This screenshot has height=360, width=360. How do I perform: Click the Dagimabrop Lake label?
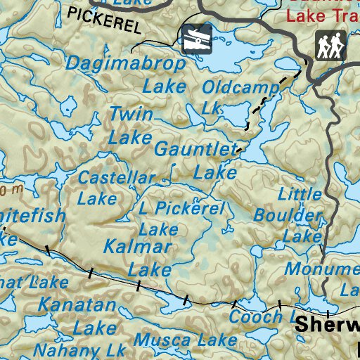pos(127,74)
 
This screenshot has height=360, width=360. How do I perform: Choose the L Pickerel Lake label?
pos(181,218)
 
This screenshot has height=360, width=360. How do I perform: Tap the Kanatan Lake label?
pos(77,316)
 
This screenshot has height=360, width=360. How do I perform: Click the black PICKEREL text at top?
pos(105,20)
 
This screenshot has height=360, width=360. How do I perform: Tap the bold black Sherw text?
pos(326,325)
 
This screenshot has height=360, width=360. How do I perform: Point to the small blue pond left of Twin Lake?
pos(68,107)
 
